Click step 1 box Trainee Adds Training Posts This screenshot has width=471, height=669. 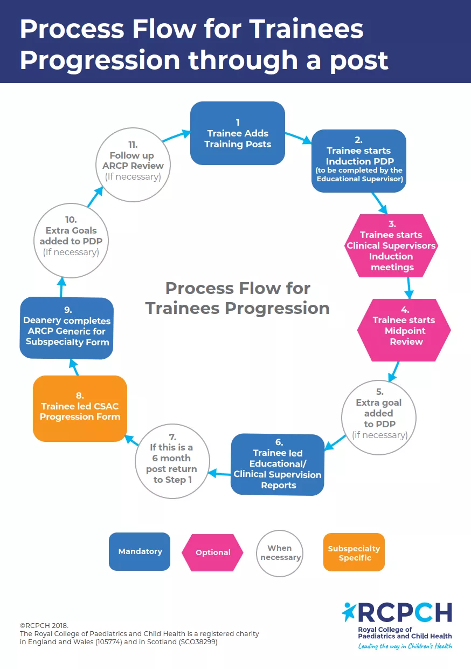[x=238, y=133]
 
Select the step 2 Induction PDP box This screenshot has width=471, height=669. [x=358, y=161]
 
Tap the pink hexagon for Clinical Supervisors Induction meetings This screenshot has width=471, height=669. [x=391, y=245]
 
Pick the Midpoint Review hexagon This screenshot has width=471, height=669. [x=404, y=330]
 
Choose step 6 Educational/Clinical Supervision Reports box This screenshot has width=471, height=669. [x=278, y=465]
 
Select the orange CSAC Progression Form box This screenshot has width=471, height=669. [x=80, y=408]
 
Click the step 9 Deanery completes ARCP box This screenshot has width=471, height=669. [x=67, y=328]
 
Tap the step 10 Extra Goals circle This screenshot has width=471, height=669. [x=71, y=236]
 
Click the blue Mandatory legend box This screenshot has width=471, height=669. [x=140, y=551]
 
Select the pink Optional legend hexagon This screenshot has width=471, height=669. [x=213, y=552]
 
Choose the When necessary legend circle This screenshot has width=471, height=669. [x=280, y=552]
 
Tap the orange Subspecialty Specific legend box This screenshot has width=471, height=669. [x=354, y=552]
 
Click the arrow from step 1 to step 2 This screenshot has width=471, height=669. [x=298, y=137]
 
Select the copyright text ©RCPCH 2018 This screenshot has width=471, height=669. [x=44, y=625]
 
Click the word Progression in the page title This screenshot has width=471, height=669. [x=99, y=60]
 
